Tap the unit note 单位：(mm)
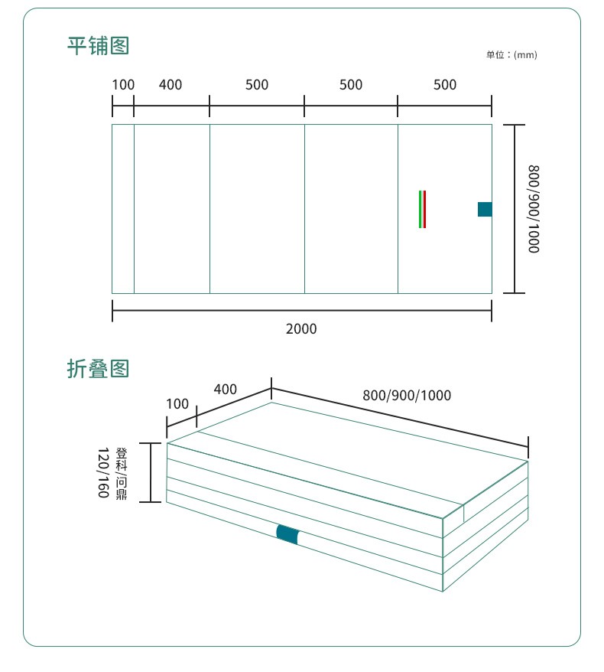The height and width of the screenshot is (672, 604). pos(511,55)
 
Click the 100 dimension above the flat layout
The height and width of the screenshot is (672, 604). pos(123,85)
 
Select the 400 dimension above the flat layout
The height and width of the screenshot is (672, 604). pos(170,85)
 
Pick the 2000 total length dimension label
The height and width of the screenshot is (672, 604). pos(301,329)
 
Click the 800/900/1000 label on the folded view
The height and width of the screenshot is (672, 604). pos(407,396)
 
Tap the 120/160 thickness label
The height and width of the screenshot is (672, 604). pos(103,473)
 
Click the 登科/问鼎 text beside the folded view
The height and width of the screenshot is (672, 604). pos(122,473)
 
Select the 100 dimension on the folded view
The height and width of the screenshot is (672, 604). pos(177,404)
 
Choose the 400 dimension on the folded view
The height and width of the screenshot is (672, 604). pos(226,390)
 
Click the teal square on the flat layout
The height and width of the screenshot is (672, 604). pos(485,209)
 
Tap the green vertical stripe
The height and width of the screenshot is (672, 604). pos(420,209)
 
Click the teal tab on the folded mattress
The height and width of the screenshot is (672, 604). pos(287,535)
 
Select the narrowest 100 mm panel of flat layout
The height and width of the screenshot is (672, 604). pos(123,209)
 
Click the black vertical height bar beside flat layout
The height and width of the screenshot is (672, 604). pos(515,209)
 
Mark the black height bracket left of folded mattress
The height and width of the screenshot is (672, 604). pos(151,472)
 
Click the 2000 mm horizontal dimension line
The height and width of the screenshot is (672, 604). pos(301,311)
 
